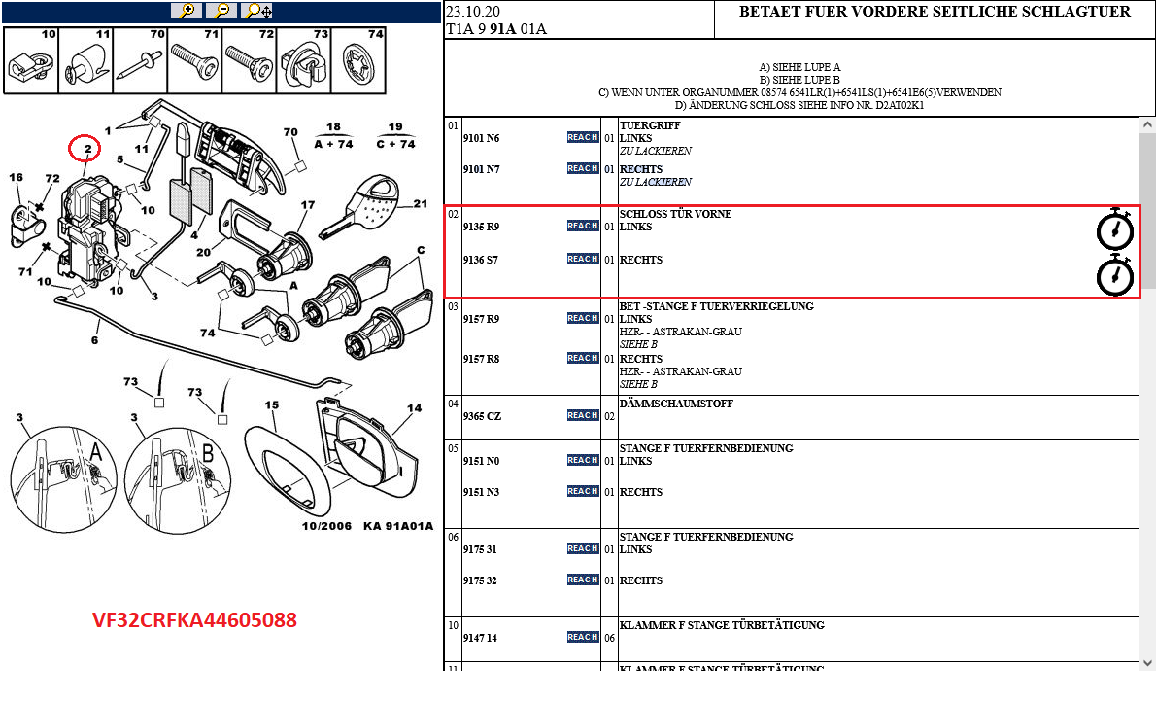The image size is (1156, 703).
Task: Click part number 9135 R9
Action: click(481, 227)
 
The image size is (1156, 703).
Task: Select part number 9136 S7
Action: click(481, 260)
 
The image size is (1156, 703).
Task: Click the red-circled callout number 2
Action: click(86, 149)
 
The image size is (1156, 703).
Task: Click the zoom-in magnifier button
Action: click(186, 11)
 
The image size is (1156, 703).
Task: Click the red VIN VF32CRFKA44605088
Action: click(194, 619)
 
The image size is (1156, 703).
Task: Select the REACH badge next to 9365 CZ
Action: click(582, 416)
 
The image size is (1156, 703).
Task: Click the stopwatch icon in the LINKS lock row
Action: click(1114, 229)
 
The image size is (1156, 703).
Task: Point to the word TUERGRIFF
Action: click(650, 125)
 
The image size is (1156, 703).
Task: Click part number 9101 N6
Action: click(481, 138)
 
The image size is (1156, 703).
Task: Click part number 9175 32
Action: click(480, 580)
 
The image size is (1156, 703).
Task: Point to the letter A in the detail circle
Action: click(95, 450)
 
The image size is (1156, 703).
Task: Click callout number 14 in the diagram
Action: click(414, 408)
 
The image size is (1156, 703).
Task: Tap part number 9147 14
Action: click(480, 638)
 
